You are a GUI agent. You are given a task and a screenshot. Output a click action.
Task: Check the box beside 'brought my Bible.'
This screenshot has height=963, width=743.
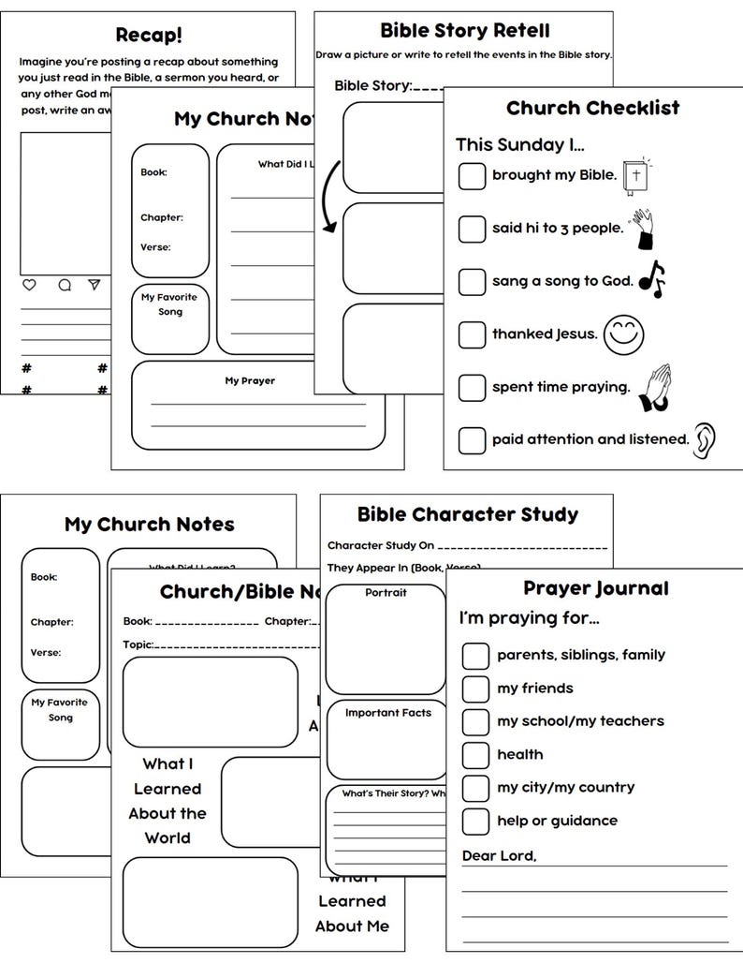click(472, 175)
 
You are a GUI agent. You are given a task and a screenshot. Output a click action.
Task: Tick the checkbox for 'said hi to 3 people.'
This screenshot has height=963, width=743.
click(472, 228)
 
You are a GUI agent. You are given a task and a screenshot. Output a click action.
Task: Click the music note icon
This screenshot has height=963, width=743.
click(651, 278)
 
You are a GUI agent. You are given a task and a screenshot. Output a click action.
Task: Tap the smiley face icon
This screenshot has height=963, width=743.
click(624, 334)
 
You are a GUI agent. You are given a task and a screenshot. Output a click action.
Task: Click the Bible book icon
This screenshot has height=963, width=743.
click(636, 175)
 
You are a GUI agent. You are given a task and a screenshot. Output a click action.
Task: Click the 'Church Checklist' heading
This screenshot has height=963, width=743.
click(592, 108)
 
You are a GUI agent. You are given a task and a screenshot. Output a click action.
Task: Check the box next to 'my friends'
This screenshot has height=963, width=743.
click(475, 688)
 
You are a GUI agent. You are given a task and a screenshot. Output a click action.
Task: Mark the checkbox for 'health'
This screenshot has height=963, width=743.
click(475, 754)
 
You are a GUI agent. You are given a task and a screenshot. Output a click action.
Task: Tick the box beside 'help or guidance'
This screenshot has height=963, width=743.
click(475, 821)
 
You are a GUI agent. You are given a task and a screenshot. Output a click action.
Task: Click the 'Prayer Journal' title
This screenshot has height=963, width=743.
click(595, 588)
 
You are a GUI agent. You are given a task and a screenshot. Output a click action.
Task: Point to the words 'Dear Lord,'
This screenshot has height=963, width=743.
click(499, 856)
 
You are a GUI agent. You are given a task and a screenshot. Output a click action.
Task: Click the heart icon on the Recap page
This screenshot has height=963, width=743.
click(29, 285)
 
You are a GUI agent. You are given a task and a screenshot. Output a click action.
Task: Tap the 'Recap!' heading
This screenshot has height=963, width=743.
click(149, 35)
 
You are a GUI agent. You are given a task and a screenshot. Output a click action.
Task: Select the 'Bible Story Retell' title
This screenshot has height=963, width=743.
click(464, 31)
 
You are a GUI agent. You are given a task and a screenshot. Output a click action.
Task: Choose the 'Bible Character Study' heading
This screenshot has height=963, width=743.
click(467, 514)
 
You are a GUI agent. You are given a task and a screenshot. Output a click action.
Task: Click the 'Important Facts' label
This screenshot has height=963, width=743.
click(387, 713)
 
